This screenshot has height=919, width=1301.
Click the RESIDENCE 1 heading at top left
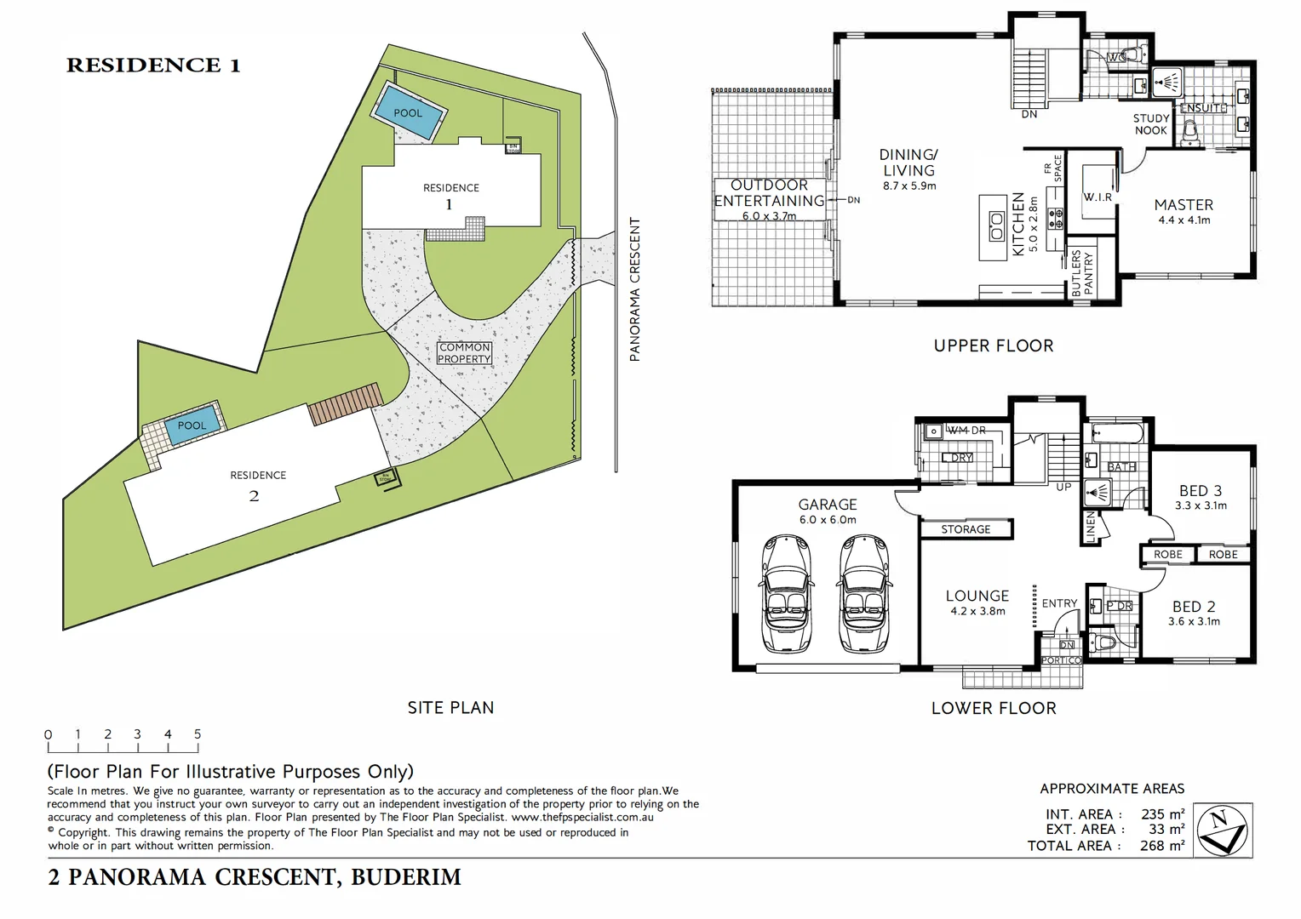153,66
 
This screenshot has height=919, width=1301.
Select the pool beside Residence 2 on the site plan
192,425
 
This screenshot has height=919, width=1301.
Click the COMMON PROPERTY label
464,353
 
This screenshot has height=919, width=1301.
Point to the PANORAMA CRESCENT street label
634,289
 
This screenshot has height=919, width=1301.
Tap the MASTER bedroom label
1184,205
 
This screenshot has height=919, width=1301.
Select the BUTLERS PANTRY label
1081,273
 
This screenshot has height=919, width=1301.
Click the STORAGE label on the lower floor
966,529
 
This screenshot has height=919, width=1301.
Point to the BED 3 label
1201,491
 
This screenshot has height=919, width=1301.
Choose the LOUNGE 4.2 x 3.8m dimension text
977,611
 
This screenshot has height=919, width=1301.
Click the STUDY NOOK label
1151,124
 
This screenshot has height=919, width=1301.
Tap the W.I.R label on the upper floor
1098,197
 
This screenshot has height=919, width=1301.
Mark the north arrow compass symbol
1222,830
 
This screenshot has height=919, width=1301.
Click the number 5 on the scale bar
198,734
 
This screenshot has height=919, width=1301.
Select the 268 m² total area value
1162,846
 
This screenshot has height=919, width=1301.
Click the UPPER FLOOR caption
994,345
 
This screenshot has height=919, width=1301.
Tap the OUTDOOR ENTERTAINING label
769,193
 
